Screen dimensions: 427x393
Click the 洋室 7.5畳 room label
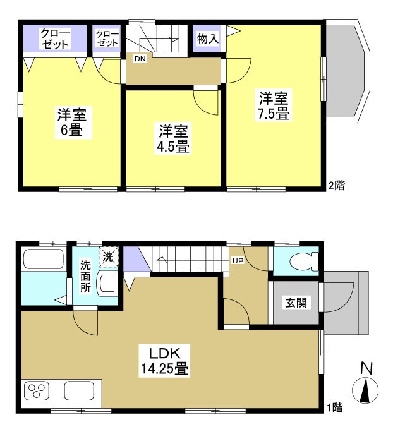tap(273, 106)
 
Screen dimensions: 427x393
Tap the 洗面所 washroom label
tap(86, 277)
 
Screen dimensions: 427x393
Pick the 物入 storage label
tap(208, 39)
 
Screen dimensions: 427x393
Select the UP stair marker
tap(238, 260)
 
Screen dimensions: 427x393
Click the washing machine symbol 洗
tap(108, 256)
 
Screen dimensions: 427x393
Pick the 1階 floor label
tap(336, 409)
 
